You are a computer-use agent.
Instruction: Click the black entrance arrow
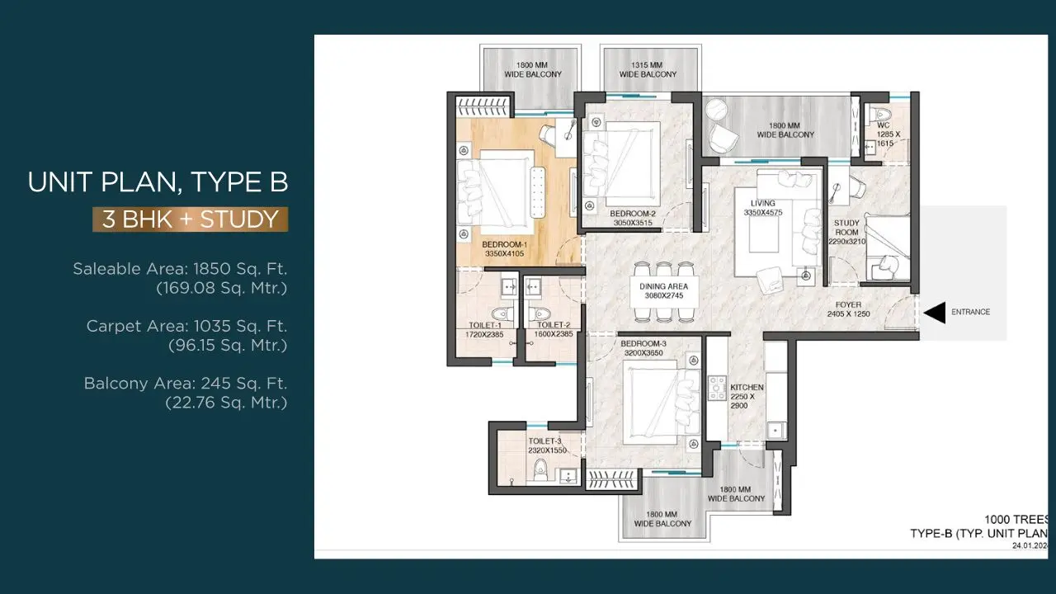click(x=935, y=313)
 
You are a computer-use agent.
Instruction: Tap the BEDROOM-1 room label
click(x=504, y=245)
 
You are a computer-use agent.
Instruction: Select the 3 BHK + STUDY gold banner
click(x=190, y=219)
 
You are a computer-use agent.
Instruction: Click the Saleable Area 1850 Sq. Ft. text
click(x=180, y=269)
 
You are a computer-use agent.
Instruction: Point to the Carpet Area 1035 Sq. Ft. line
click(x=186, y=326)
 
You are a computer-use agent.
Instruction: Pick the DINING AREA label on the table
click(x=663, y=286)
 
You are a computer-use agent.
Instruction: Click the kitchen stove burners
click(x=717, y=388)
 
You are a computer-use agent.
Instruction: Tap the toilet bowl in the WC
click(x=880, y=114)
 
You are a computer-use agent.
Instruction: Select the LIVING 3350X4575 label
click(x=763, y=208)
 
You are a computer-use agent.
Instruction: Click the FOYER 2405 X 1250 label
click(x=849, y=309)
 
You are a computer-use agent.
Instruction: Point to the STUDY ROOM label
click(x=846, y=227)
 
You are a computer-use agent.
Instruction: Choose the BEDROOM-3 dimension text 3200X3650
click(x=643, y=353)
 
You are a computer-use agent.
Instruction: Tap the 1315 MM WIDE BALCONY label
click(x=648, y=70)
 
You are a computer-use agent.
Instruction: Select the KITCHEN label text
click(x=747, y=388)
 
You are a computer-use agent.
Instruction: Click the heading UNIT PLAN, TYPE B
click(x=158, y=182)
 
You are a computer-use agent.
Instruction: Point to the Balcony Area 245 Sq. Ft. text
click(x=186, y=384)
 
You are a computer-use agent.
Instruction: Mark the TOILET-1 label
click(x=484, y=325)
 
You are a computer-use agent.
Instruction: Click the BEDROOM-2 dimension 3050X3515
click(x=633, y=223)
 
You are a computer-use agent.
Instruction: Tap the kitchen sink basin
click(x=775, y=431)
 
